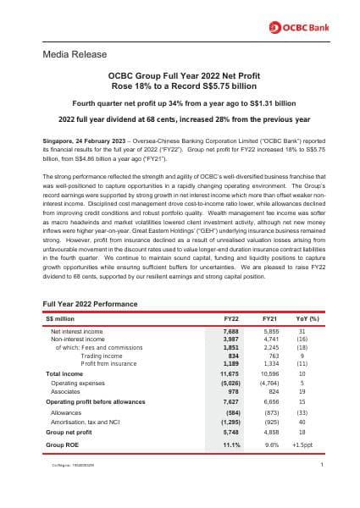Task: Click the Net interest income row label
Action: pos(77,331)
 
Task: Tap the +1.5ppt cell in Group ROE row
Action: pos(302,444)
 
